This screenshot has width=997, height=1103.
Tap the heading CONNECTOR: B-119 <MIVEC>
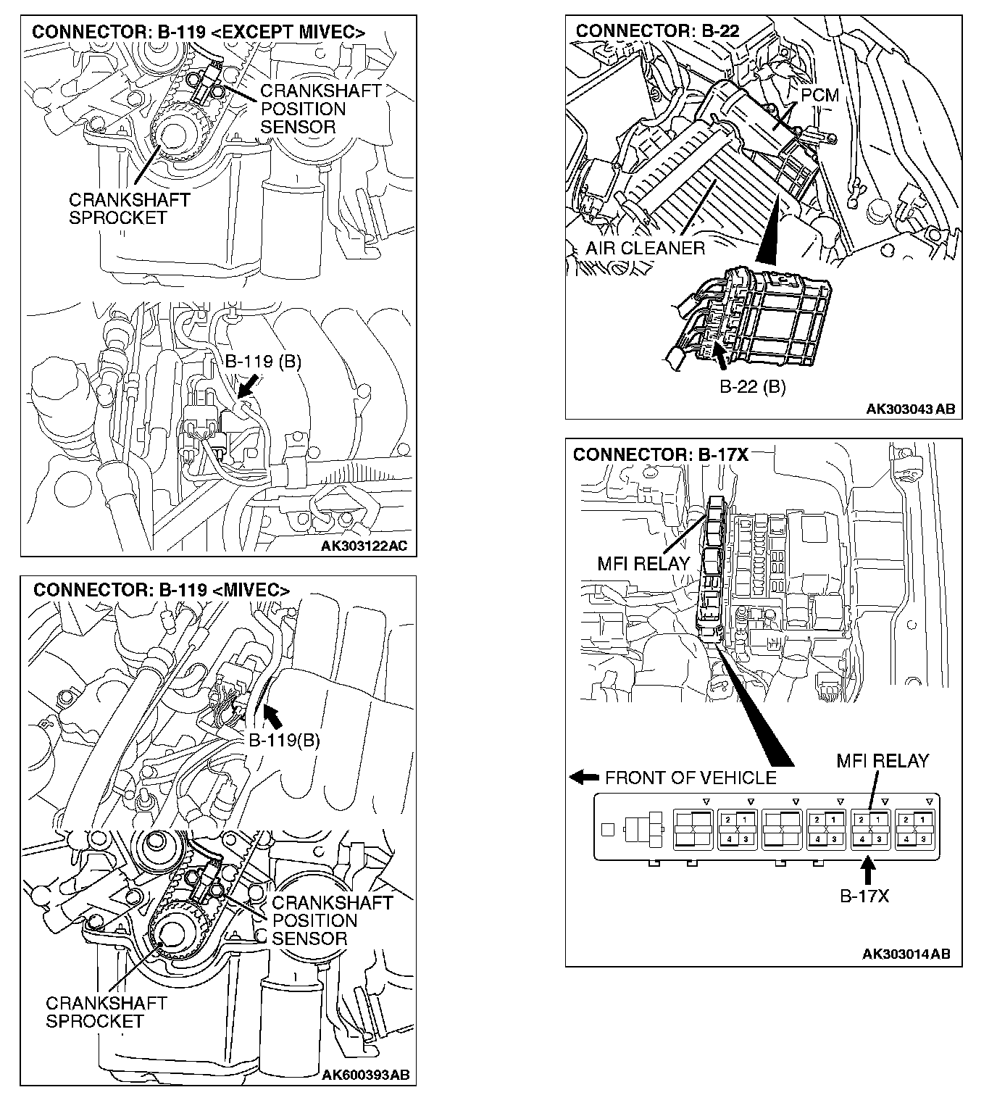click(161, 590)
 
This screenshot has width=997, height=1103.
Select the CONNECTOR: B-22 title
click(667, 30)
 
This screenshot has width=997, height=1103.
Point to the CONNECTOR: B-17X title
click(660, 454)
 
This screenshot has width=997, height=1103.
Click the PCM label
click(819, 95)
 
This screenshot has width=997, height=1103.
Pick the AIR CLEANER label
click(645, 249)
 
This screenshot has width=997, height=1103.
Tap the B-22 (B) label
click(752, 386)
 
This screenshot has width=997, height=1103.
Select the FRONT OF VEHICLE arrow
click(583, 778)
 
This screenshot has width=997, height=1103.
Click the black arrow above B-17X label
click(867, 867)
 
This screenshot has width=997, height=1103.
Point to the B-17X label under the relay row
click(864, 896)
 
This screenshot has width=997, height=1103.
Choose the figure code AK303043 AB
click(910, 409)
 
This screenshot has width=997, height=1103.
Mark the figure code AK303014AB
click(906, 954)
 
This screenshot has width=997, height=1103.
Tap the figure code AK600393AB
click(365, 1074)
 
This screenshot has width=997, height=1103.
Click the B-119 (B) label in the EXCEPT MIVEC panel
click(262, 362)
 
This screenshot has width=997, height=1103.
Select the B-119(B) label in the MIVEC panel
click(284, 740)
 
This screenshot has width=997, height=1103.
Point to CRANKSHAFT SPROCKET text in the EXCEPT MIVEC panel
click(129, 209)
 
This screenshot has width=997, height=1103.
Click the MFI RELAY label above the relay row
click(882, 761)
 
